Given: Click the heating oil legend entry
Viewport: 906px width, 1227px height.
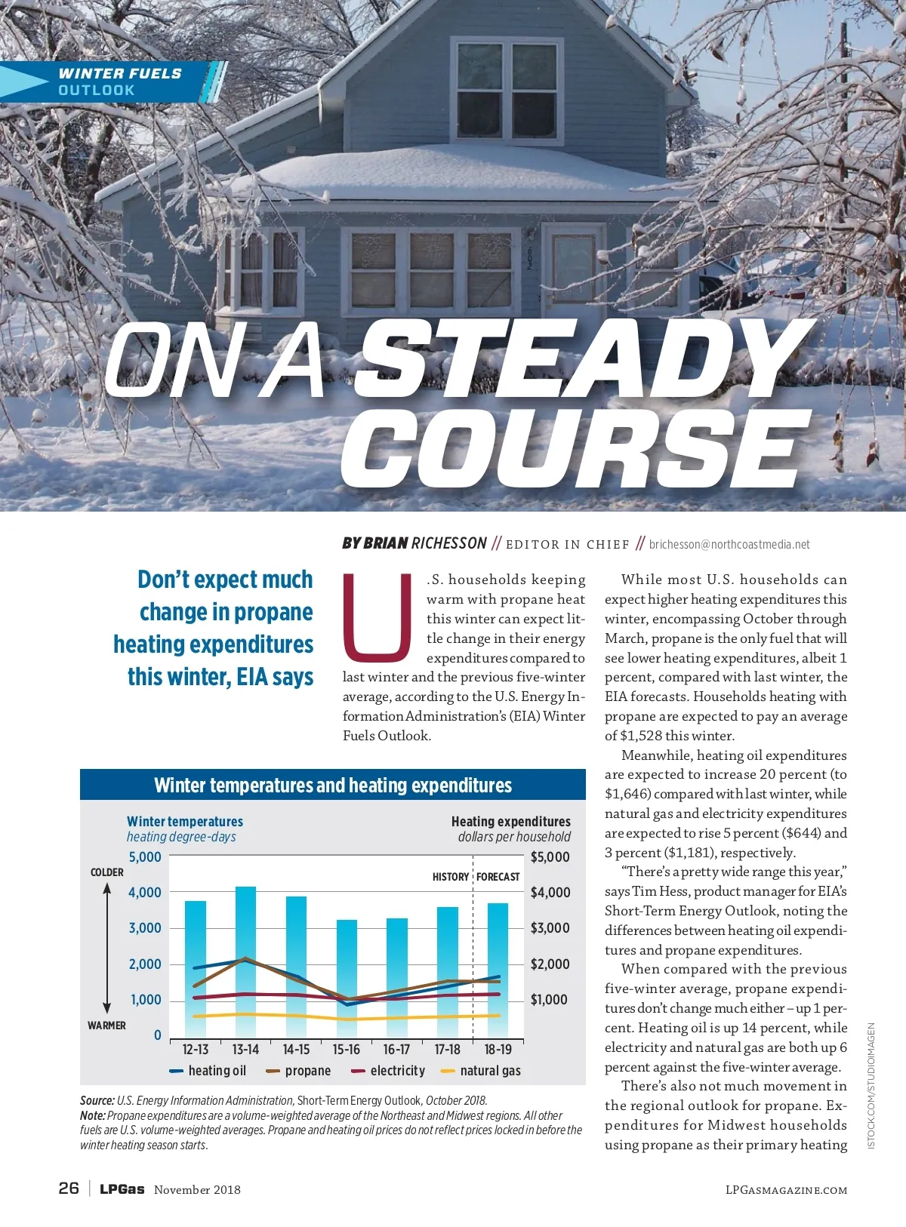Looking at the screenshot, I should click(208, 1071).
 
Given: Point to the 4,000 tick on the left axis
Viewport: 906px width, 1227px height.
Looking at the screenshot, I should click(144, 892).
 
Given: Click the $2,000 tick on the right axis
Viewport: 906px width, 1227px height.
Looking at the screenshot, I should click(550, 964).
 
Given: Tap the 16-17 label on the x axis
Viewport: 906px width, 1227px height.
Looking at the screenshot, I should click(396, 1050).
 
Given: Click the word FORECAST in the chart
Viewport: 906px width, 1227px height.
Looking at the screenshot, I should click(498, 877).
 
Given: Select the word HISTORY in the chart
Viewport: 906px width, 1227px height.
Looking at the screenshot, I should click(451, 877).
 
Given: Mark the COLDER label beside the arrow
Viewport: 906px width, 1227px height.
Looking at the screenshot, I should click(107, 872).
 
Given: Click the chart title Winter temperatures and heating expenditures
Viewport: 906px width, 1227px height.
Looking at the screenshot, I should click(333, 786).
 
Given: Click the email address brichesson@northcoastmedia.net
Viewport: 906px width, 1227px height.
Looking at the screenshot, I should click(729, 544).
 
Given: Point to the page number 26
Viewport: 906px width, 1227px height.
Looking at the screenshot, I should click(69, 1188).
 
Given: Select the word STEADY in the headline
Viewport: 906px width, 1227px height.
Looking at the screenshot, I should click(581, 358).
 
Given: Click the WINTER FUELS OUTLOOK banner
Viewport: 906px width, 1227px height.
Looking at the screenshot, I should click(120, 81).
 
